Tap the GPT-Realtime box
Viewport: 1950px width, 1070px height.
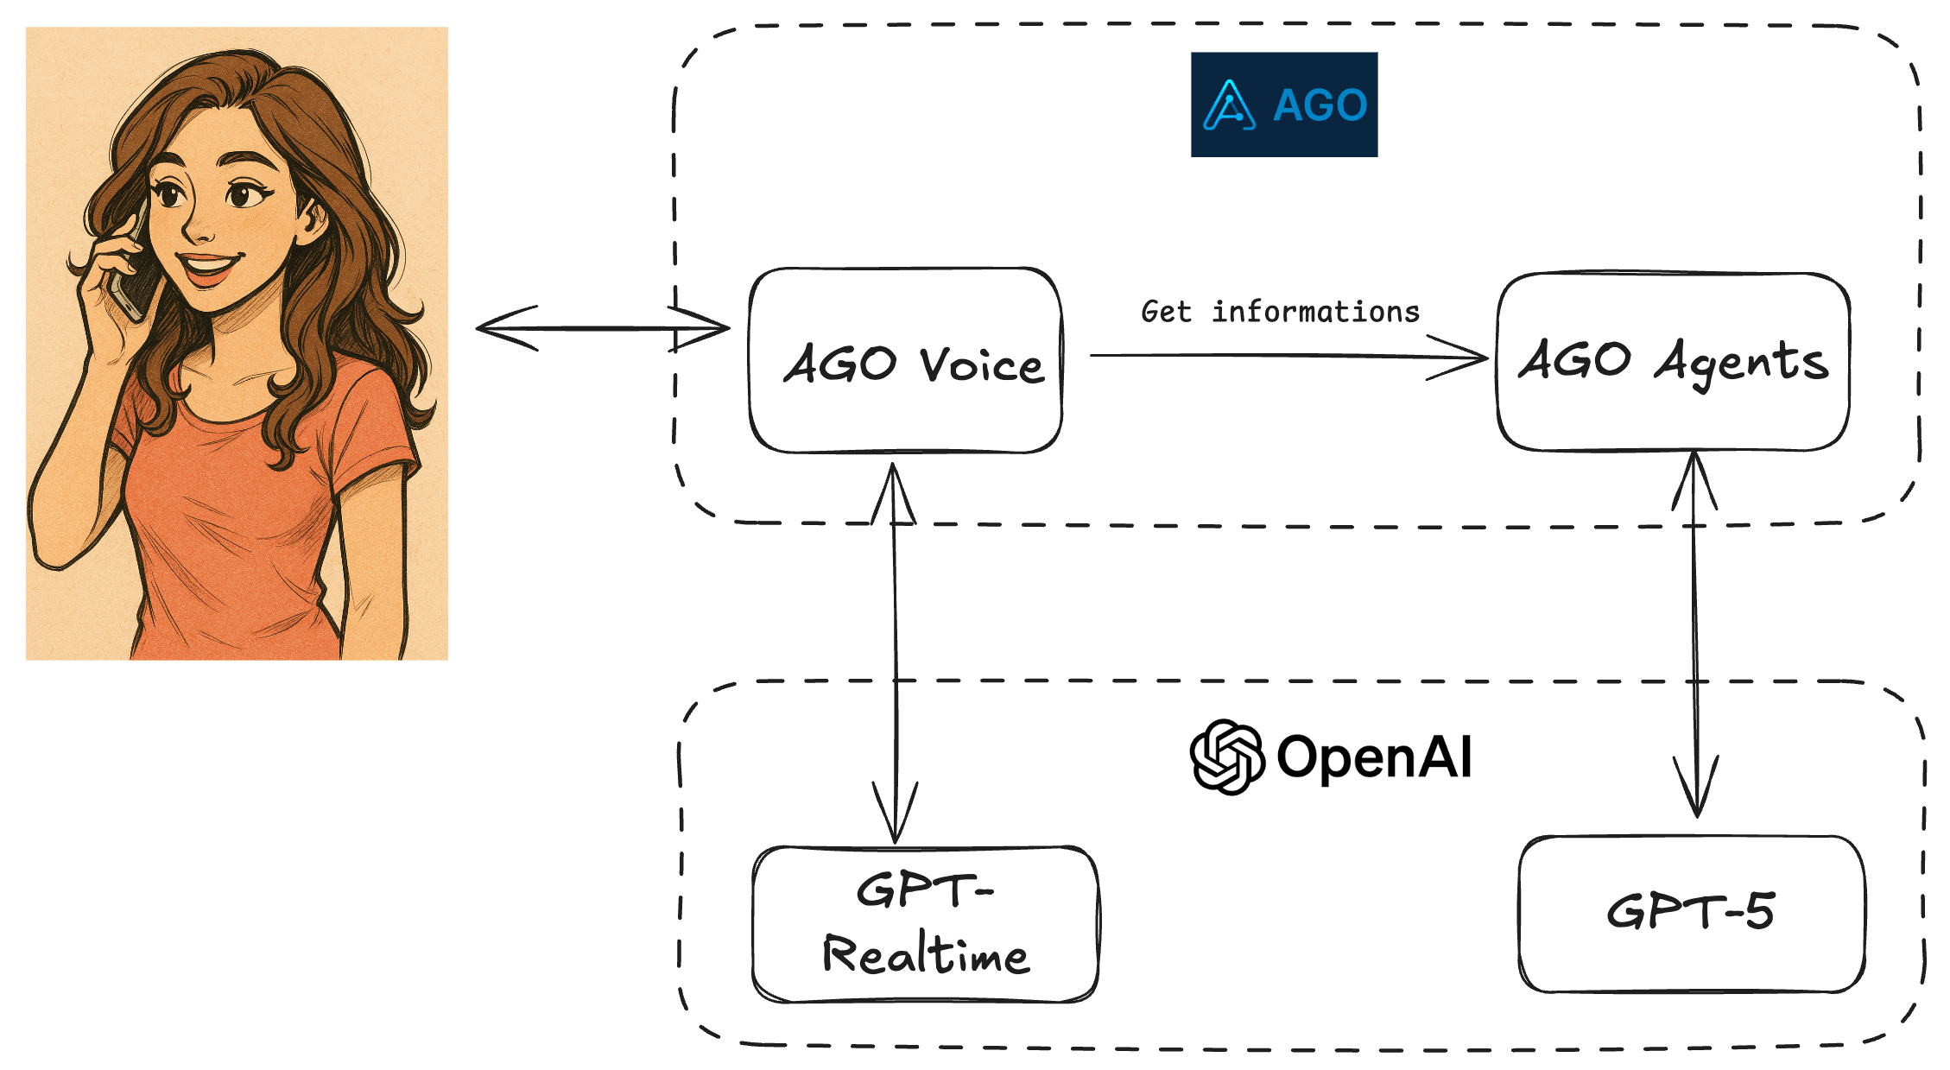point(925,924)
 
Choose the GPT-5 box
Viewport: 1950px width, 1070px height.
point(1691,914)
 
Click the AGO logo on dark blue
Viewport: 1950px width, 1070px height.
point(1284,104)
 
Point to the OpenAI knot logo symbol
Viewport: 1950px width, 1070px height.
point(1226,757)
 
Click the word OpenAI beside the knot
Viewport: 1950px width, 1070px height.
point(1374,757)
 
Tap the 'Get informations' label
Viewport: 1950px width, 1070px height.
point(1280,312)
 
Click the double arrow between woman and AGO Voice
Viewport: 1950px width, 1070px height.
point(603,328)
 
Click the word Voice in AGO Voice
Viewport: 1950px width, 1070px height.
point(982,364)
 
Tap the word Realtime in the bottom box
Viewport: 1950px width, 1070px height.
point(925,954)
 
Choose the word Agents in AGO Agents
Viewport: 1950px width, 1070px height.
point(1741,363)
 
